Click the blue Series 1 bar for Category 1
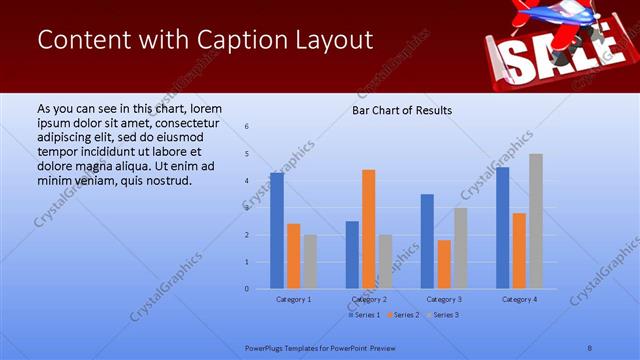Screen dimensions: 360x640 point(277,231)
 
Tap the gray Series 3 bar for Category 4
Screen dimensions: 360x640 point(536,221)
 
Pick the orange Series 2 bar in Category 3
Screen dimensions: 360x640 point(444,264)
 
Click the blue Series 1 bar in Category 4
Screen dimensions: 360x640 point(502,228)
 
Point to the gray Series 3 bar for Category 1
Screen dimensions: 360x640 point(310,262)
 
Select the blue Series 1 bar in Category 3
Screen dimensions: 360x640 point(427,241)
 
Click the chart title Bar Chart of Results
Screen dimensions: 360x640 point(401,110)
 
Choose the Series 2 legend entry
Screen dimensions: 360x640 point(402,315)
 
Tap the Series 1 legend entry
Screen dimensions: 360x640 point(364,315)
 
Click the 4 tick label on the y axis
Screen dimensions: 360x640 point(247,181)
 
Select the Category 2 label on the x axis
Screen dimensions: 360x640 point(369,299)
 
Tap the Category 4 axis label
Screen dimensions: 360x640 point(519,299)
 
